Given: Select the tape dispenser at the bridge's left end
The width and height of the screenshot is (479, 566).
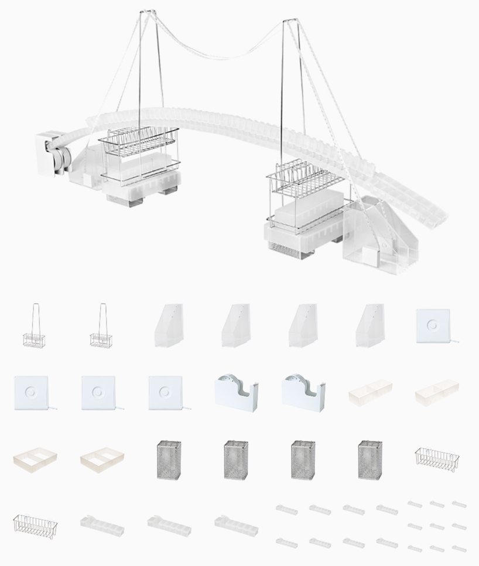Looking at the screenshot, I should pos(53,154).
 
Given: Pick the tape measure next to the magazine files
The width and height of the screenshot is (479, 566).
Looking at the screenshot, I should pos(433,326).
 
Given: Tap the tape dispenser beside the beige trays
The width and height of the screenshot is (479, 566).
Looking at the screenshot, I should pos(303,392).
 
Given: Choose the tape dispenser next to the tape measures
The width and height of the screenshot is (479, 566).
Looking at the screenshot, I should pos(236,392).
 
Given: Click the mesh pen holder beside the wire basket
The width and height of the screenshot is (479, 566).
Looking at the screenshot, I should pos(370,459).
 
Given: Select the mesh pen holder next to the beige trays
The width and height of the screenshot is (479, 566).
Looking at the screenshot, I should pos(169,459).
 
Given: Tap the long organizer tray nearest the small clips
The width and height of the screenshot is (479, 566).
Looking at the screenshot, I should pos(236,525).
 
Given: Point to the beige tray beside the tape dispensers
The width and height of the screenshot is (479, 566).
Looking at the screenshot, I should pos(371,392).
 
